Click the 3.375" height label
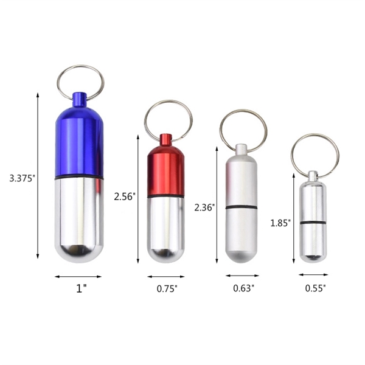coord(23,178)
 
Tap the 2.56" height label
coord(125,196)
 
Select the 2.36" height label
coord(204,207)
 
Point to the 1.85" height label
coord(280,223)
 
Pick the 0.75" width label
coord(166,289)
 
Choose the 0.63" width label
coord(243,288)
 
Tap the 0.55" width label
coord(315,288)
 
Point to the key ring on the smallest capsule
coord(315,153)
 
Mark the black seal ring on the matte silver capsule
coord(242,208)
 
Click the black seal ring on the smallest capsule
coord(313,223)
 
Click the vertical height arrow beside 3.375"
coord(38,176)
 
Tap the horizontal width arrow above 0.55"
coord(313,274)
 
